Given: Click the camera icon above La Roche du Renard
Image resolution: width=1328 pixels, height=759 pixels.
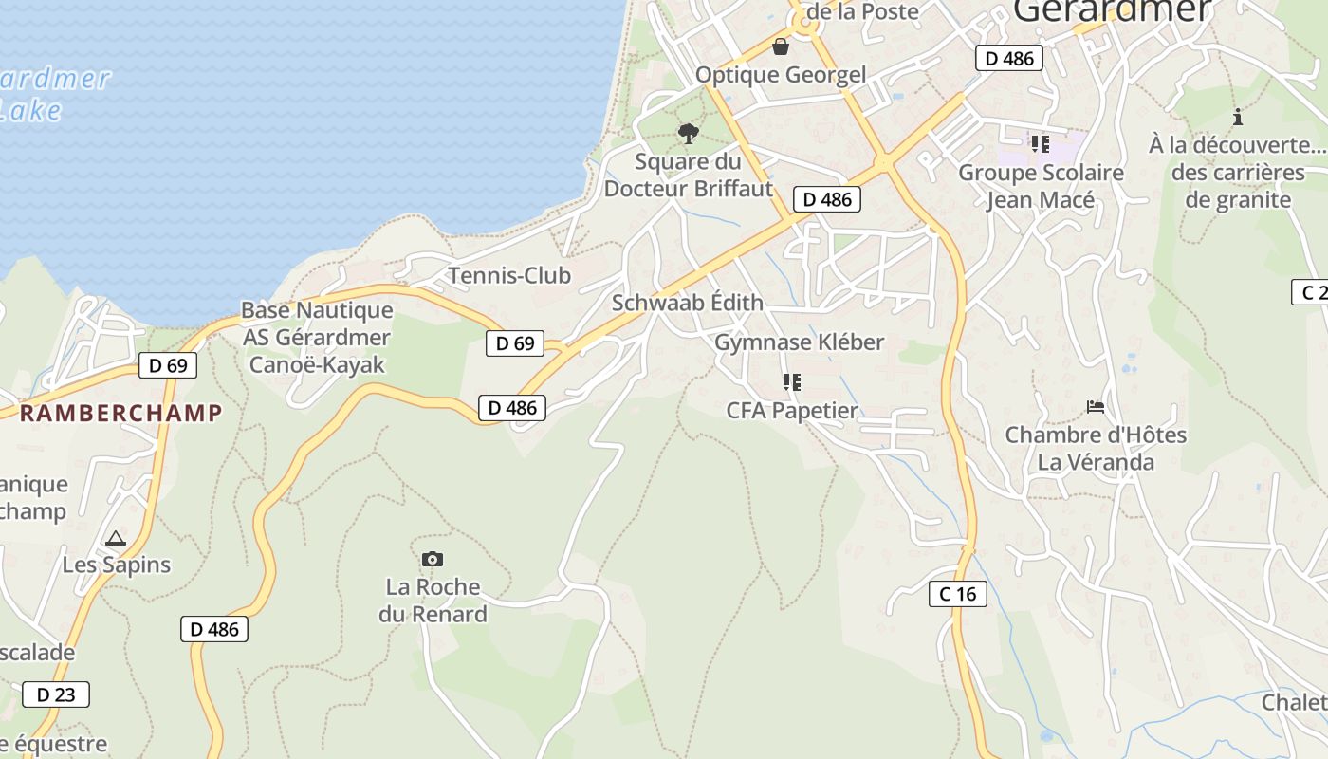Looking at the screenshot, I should click(432, 560).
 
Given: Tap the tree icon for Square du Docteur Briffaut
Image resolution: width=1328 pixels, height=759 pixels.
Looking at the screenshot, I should click(689, 133).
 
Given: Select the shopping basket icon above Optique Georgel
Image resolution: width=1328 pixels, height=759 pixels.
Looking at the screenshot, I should click(781, 46).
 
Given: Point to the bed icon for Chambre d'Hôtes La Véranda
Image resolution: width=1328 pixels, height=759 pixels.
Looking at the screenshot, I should click(1096, 407).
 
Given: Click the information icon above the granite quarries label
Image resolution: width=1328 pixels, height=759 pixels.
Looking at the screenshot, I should click(1237, 117).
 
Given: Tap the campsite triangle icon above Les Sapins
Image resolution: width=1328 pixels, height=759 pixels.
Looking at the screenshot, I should click(116, 538).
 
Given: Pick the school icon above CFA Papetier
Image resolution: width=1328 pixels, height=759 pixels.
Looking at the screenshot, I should click(791, 382).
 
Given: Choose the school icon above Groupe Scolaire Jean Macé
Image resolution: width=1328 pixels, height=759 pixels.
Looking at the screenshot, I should click(1040, 144).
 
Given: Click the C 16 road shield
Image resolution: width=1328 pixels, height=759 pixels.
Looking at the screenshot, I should click(957, 594).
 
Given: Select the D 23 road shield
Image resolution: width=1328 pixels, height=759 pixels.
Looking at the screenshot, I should click(56, 694).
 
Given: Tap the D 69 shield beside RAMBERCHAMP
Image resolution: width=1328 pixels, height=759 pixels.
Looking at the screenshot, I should click(168, 365).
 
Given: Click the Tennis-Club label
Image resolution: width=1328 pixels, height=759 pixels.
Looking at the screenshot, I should click(509, 276).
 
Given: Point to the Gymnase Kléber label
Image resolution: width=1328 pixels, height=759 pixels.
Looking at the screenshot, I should click(799, 342).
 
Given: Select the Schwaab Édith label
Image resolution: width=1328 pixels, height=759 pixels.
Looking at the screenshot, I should click(687, 303).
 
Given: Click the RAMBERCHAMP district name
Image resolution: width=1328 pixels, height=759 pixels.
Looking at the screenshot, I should click(120, 413).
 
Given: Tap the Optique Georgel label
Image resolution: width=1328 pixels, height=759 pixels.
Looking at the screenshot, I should click(781, 75).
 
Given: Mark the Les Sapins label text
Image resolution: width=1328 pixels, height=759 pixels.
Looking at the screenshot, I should click(117, 565).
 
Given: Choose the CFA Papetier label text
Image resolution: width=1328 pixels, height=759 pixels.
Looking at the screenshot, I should click(792, 411).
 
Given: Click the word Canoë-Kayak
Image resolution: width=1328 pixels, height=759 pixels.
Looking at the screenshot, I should click(317, 365).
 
